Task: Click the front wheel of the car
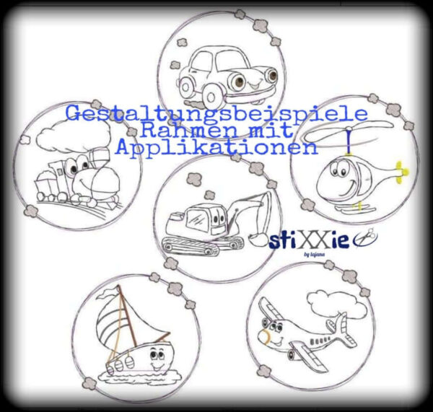click(x=212, y=94)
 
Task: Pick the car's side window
click(x=206, y=61)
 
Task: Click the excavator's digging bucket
click(x=255, y=234)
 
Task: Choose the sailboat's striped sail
click(x=112, y=325)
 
